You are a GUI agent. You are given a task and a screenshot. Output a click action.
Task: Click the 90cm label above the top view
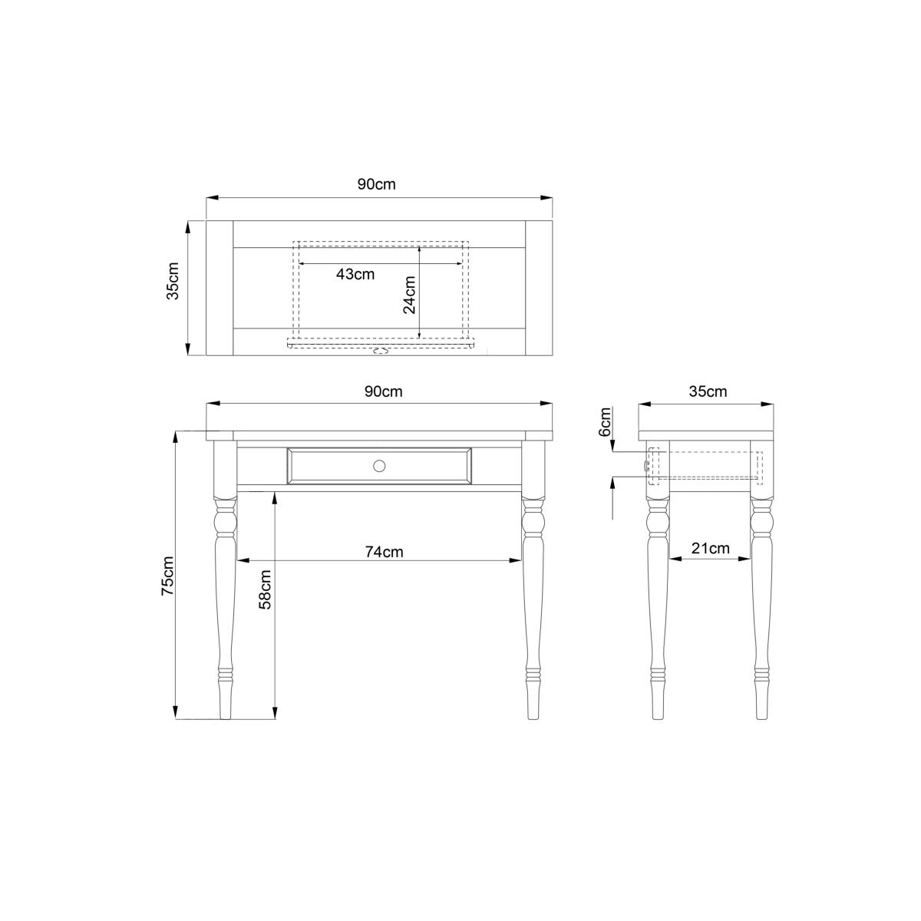pos(376,184)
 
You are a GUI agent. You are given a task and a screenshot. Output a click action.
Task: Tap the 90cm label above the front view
pos(383,391)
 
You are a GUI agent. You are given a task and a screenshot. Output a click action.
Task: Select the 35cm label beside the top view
pos(173,281)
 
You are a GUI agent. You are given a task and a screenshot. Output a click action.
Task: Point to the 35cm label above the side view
pos(708,391)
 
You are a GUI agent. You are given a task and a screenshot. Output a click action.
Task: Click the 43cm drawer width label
pos(355,274)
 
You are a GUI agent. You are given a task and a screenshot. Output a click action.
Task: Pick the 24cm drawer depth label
pos(409,295)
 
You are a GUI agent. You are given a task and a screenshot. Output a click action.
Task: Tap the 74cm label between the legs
pos(384,552)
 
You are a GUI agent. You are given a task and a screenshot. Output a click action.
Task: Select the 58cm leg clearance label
pos(265,589)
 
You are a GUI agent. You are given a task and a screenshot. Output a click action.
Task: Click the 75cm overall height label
pos(168,576)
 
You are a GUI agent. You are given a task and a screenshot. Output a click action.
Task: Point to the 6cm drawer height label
pos(605,422)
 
